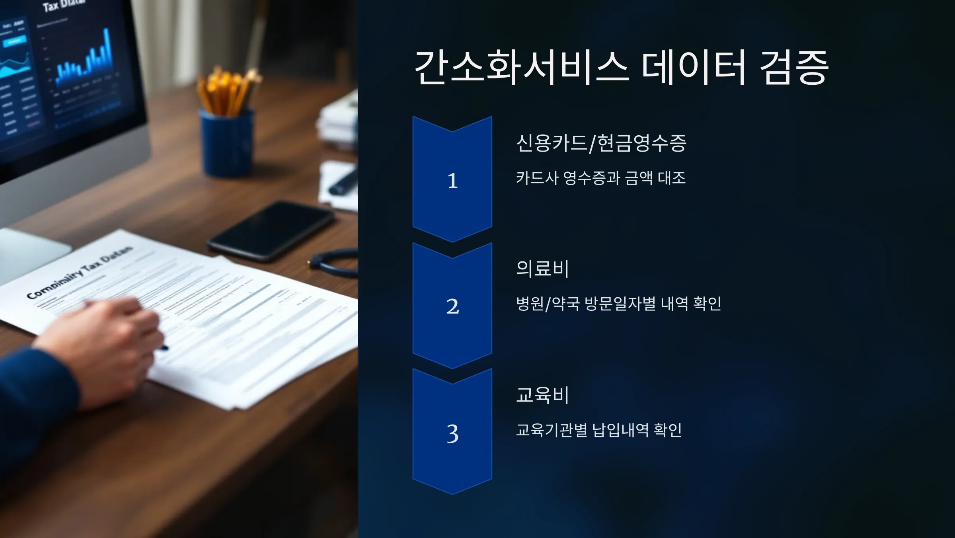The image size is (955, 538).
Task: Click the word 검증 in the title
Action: (x=794, y=68)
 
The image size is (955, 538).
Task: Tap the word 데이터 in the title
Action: (x=694, y=68)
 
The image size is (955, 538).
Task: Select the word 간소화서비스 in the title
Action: (x=521, y=68)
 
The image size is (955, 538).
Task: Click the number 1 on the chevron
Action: (x=452, y=181)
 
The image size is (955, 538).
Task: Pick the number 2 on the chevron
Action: (x=452, y=306)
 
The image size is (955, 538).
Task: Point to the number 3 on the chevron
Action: (x=452, y=434)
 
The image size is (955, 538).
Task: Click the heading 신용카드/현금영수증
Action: (x=601, y=143)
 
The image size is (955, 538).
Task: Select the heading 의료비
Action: (x=542, y=269)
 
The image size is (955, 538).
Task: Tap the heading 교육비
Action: (x=542, y=395)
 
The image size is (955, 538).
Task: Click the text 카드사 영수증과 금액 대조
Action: (x=601, y=178)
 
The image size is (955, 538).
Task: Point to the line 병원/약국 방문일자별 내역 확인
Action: (x=618, y=304)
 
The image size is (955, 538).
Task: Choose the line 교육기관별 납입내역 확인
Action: (x=599, y=430)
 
